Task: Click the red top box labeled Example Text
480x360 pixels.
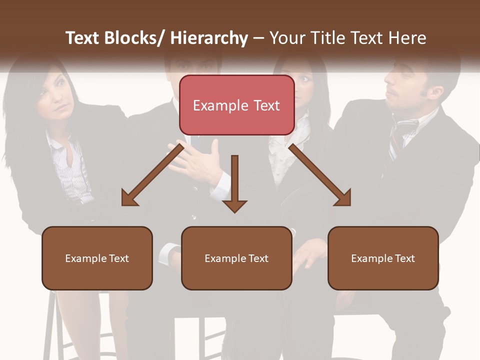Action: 236,105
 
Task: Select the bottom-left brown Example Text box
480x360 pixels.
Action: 97,258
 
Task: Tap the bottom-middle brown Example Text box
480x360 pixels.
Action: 236,258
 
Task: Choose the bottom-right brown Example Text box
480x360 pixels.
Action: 383,258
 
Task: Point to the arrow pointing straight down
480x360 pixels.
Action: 234,182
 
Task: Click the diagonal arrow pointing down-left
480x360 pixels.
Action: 152,175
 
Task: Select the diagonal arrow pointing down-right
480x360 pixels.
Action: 320,175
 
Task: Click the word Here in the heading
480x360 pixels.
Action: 407,38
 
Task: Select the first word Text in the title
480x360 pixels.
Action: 82,38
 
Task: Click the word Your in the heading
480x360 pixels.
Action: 287,38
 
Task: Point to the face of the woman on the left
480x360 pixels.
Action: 56,95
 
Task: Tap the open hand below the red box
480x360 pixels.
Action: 197,162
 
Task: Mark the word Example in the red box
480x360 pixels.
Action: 220,105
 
